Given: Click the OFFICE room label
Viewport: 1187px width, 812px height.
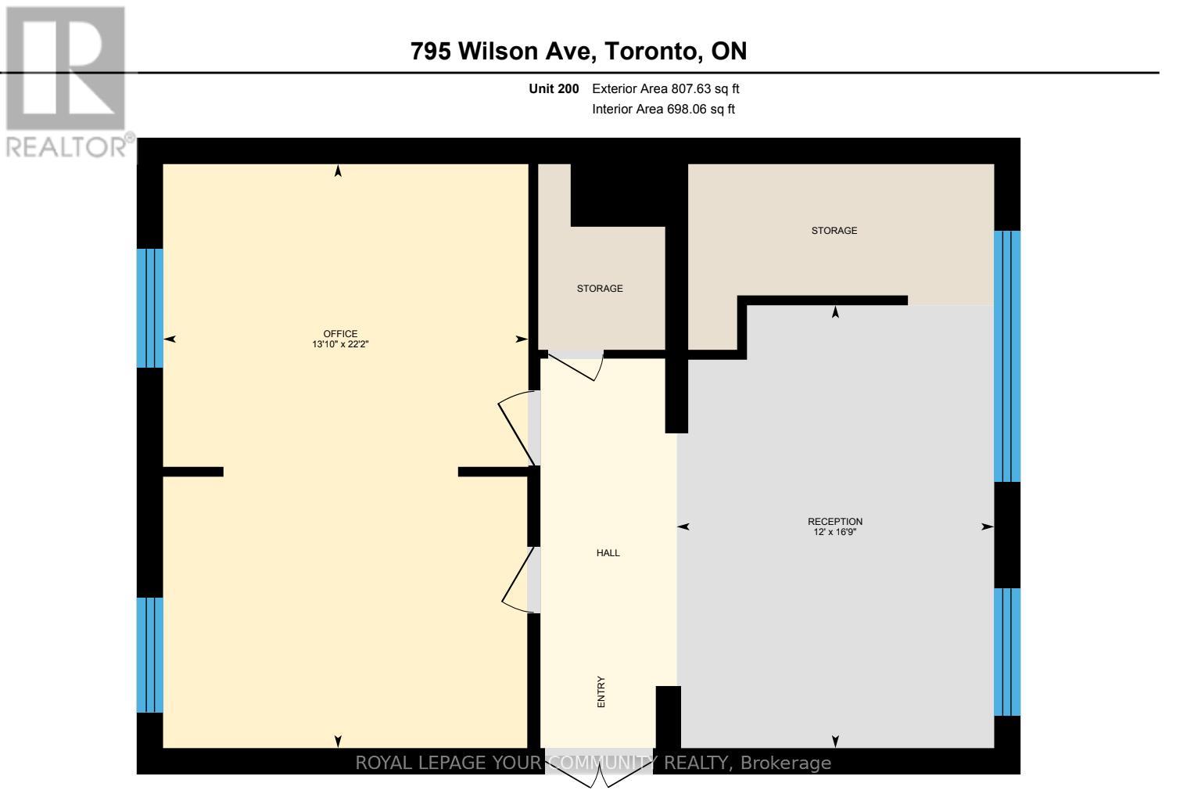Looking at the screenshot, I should point(340,334).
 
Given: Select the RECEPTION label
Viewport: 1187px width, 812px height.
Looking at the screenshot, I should point(835,522).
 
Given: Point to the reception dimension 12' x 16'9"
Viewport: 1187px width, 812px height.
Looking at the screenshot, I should point(835,532).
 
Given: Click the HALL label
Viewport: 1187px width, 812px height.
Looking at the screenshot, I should point(608,553).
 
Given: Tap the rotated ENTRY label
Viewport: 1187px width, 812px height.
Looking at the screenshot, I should point(601,692).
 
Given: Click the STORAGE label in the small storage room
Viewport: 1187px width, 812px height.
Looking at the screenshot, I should point(600,289).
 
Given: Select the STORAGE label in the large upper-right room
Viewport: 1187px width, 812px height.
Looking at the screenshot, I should point(834,231).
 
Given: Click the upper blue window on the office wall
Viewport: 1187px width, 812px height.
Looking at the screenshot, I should point(150,307).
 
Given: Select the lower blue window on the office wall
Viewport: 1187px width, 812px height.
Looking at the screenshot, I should point(150,655).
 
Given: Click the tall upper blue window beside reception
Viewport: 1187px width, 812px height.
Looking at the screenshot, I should point(1007,356).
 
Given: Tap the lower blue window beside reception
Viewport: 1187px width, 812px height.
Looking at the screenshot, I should point(1007,652).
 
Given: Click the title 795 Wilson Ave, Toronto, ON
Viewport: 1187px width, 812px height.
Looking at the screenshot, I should point(579,52).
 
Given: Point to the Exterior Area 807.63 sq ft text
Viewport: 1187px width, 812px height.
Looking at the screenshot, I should point(665,89).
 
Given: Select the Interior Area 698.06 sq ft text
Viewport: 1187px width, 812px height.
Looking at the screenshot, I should point(663,110).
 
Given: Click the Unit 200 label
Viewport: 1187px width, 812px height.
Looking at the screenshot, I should point(554,89).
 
